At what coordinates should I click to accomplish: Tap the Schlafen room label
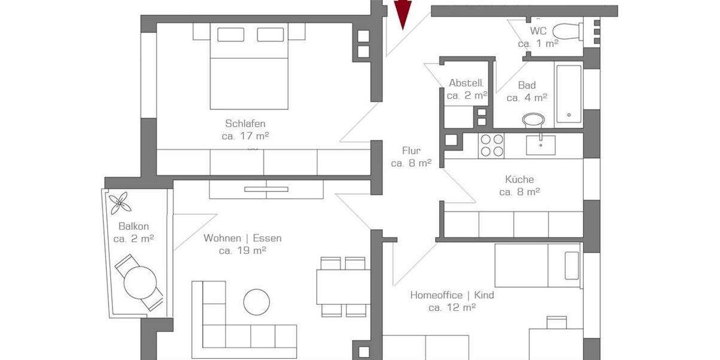pos(245,124)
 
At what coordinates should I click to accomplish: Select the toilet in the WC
pos(566,30)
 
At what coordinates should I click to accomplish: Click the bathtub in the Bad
pos(568,93)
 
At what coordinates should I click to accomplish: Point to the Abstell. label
pos(466,83)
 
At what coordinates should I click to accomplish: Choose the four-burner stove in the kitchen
pos(491,145)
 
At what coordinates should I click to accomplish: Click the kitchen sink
pos(541,145)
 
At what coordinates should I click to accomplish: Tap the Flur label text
pos(411,151)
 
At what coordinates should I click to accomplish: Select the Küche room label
pos(520,179)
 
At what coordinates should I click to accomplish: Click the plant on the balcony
pos(121,202)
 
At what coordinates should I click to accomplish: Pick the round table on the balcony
pos(140,280)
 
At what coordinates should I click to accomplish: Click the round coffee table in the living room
pos(257,302)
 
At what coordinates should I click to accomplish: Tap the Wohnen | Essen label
pos(242,238)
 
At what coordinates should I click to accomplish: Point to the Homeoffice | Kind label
pos(452,295)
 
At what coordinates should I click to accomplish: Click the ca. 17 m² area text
pos(245,136)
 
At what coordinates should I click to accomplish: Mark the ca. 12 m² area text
pos(452,307)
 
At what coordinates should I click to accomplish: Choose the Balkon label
pos(134,227)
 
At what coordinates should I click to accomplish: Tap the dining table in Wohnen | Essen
pos(343,287)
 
